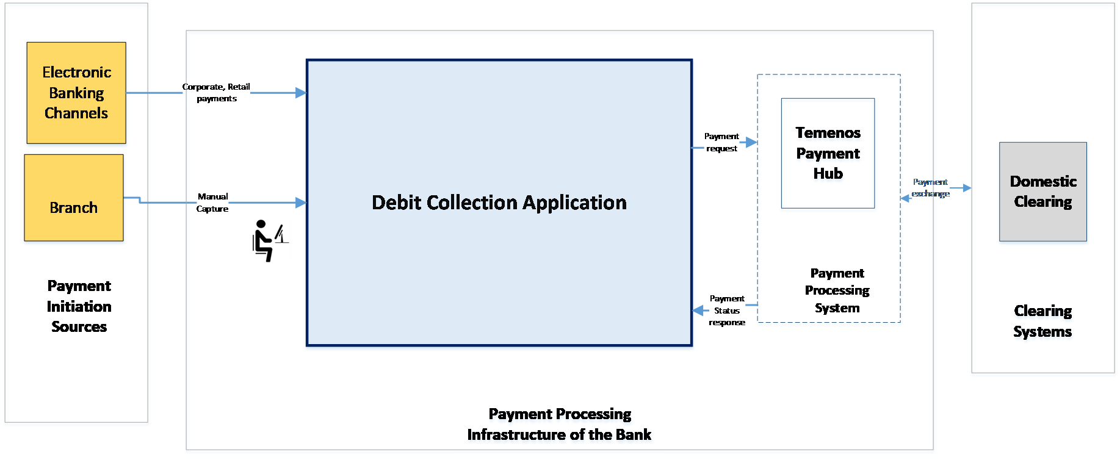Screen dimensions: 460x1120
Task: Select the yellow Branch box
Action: tap(74, 199)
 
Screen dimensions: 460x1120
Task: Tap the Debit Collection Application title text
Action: tap(499, 203)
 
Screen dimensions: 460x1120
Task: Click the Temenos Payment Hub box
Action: tap(828, 155)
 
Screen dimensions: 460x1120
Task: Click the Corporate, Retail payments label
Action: tap(216, 93)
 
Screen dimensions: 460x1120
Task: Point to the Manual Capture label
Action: tap(212, 203)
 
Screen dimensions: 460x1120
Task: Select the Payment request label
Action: tap(721, 142)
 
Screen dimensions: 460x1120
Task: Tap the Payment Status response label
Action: tap(727, 311)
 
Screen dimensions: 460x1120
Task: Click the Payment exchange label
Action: tap(930, 188)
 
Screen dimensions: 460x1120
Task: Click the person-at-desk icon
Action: tap(269, 241)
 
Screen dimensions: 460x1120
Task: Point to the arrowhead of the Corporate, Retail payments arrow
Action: tap(300, 93)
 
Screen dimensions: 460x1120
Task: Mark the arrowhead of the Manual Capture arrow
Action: tap(300, 203)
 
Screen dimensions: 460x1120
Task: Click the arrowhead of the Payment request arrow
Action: tap(751, 142)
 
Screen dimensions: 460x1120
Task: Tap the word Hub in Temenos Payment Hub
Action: tap(828, 174)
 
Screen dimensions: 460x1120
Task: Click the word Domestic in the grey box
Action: tap(1043, 181)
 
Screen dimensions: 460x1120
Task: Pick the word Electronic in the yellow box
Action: tap(77, 73)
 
